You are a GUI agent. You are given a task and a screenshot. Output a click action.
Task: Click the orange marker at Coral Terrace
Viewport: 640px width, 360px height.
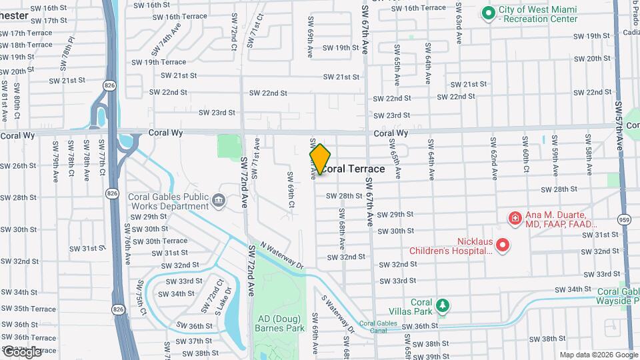tap(321, 159)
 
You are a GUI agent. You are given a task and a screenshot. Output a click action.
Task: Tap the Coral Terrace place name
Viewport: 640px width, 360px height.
tap(354, 169)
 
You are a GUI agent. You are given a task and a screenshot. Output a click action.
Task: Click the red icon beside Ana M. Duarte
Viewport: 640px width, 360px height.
tap(515, 218)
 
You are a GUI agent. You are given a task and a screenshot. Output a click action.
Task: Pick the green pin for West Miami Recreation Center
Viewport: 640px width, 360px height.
tap(488, 13)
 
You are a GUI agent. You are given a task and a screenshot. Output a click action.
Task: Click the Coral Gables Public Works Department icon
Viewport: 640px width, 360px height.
tap(218, 200)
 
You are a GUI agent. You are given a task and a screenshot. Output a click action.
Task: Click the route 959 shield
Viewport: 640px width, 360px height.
tap(624, 219)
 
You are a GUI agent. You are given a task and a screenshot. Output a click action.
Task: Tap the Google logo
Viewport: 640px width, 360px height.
tap(22, 351)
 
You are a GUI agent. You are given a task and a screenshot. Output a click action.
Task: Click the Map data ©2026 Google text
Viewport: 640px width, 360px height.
tap(599, 355)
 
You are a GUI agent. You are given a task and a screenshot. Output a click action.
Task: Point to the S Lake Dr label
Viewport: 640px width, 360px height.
tap(223, 301)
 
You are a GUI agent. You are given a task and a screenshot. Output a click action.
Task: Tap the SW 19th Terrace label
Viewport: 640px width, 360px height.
tap(154, 62)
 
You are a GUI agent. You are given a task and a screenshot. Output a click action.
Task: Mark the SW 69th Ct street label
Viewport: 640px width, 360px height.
tap(291, 190)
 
